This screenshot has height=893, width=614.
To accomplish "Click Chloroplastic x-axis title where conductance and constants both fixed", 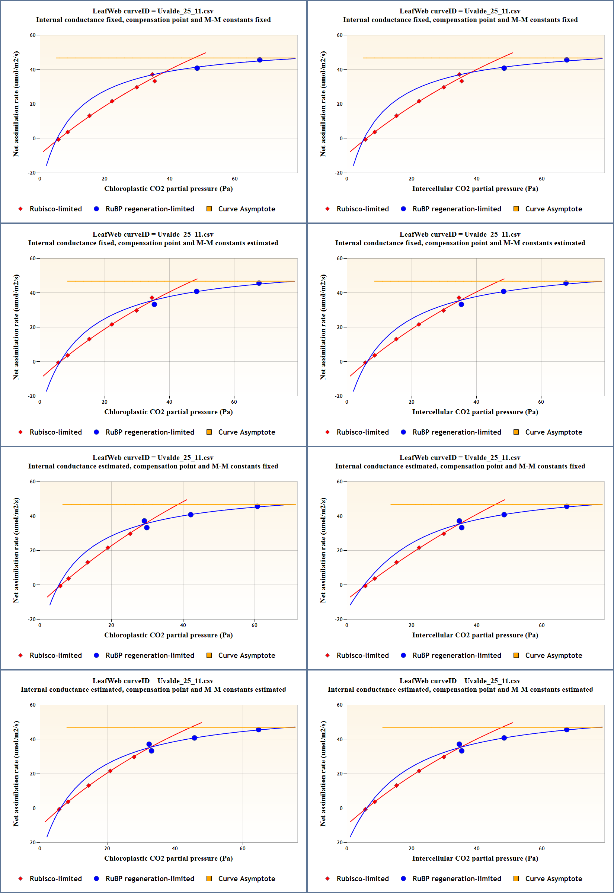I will click(x=168, y=188).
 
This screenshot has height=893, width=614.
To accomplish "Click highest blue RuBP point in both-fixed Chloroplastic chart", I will click(x=260, y=60).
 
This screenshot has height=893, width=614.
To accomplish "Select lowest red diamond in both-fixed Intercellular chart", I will click(x=365, y=140).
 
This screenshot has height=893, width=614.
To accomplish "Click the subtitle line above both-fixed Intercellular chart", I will click(x=460, y=20).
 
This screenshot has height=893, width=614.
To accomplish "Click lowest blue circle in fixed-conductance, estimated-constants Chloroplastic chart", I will click(x=154, y=304).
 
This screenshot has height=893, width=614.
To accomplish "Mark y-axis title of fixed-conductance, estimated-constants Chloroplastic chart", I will click(x=16, y=327).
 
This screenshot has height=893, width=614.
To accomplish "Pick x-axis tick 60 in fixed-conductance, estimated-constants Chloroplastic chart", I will click(x=234, y=402).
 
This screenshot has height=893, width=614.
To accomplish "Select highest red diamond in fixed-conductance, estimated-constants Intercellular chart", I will click(x=458, y=298).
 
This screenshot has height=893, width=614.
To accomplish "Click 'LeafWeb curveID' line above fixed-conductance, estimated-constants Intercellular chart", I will click(x=460, y=234).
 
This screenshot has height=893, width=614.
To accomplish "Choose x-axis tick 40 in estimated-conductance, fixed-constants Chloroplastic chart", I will click(x=183, y=625).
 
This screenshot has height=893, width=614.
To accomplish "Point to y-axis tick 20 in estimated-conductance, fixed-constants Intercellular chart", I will click(x=340, y=550).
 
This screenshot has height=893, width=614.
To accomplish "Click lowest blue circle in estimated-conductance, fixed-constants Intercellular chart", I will click(x=461, y=528).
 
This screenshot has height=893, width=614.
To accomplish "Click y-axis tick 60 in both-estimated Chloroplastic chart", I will click(x=33, y=705).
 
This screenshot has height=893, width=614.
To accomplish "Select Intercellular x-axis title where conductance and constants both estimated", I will click(x=475, y=858).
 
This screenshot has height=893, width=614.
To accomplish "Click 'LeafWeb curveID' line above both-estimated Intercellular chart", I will click(x=460, y=681).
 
